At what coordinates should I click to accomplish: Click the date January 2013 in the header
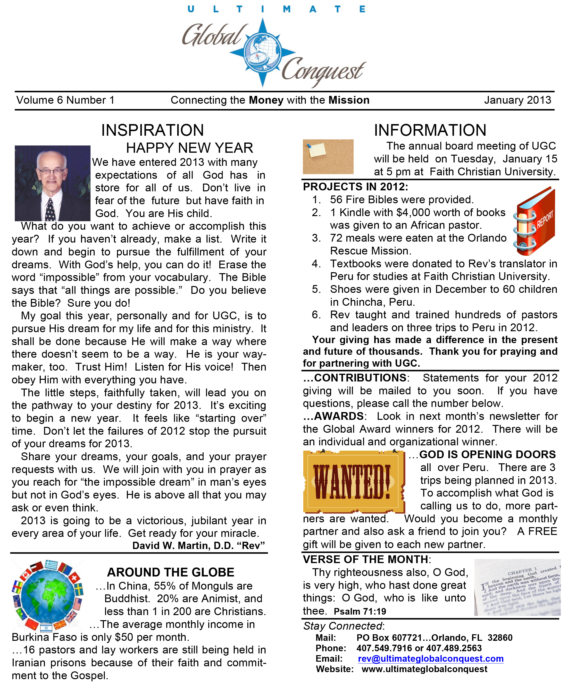click(x=517, y=100)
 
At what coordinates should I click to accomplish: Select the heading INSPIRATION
click(x=152, y=130)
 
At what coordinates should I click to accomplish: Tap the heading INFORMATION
click(x=430, y=130)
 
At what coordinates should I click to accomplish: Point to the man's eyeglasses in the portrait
click(x=51, y=171)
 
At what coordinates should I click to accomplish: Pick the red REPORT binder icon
click(x=534, y=221)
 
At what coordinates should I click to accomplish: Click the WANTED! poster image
click(x=353, y=481)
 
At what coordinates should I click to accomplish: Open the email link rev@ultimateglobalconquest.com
click(x=430, y=659)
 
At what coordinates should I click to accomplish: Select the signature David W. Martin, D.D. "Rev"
click(x=199, y=545)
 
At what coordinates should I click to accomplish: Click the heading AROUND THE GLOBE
click(x=171, y=572)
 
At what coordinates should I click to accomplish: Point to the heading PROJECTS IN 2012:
click(x=355, y=187)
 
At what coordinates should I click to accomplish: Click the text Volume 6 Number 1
click(x=66, y=100)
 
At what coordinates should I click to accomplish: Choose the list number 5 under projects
click(x=316, y=289)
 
